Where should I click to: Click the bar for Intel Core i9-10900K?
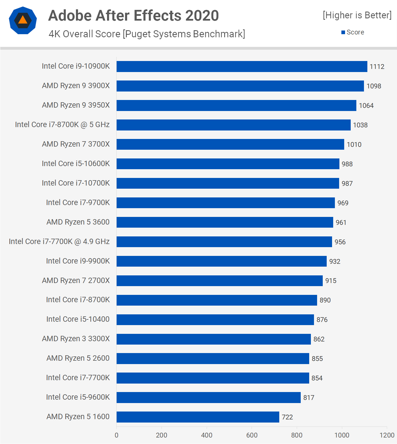click(x=242, y=66)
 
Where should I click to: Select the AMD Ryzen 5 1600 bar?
click(x=198, y=417)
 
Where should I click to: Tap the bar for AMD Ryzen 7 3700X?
click(x=230, y=144)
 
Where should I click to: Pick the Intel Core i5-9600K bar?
click(x=208, y=397)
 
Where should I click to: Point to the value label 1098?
click(x=374, y=86)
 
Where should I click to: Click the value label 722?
click(x=287, y=417)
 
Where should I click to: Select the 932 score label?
click(x=335, y=262)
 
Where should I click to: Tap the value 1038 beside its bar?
click(x=360, y=125)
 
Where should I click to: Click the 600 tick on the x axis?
click(x=252, y=435)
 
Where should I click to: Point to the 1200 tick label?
click(x=387, y=435)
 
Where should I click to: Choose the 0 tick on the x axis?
click(x=117, y=435)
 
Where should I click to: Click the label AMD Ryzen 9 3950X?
click(x=76, y=105)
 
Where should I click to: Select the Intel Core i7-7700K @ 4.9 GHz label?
click(x=59, y=241)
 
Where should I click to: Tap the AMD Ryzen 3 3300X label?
click(x=76, y=339)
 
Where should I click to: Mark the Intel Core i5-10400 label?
click(x=78, y=319)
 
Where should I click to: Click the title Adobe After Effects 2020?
click(x=134, y=16)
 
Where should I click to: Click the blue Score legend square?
click(x=343, y=32)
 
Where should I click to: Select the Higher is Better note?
click(x=357, y=15)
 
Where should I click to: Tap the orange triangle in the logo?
click(x=23, y=20)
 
